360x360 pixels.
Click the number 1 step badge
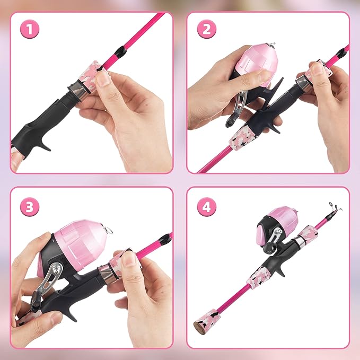click(x=30, y=30)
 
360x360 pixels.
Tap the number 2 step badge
click(x=206, y=30)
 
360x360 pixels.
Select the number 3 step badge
click(x=30, y=205)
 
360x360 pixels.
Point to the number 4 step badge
click(x=206, y=205)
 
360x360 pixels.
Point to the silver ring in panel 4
click(x=299, y=242)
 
